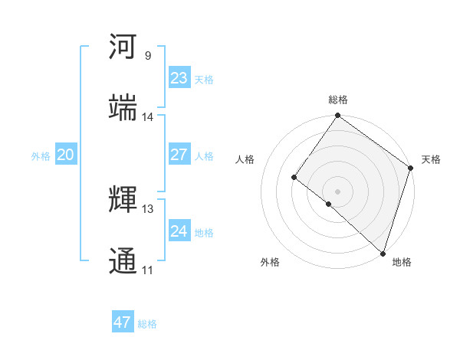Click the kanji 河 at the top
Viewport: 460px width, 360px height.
coord(123,47)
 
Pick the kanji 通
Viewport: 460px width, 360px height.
coord(123,260)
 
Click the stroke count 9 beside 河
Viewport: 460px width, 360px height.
coord(148,56)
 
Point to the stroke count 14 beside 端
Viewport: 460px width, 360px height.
coord(148,116)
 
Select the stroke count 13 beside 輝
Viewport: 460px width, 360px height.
coord(148,208)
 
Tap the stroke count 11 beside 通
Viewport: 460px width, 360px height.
coord(148,270)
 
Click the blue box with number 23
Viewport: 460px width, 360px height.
coord(179,78)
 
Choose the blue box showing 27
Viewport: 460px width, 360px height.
coord(179,155)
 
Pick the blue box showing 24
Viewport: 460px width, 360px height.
coord(179,231)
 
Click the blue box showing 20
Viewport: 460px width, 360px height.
coord(65,155)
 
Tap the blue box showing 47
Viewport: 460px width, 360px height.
coord(122,322)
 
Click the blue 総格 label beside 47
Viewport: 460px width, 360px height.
coord(148,324)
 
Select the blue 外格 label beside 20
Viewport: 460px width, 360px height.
coord(41,156)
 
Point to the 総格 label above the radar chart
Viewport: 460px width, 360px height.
coord(338,100)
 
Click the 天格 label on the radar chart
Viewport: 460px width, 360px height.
coord(431,159)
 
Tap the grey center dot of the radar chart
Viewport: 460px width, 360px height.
coord(337,191)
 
